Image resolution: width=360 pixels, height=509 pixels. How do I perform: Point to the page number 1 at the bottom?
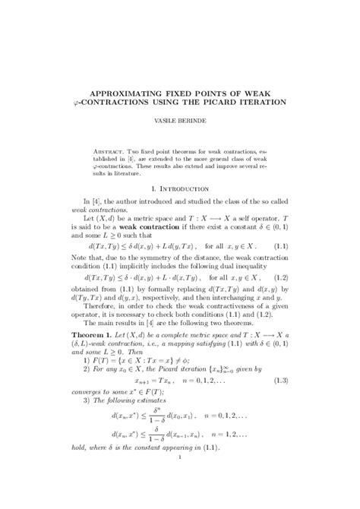click(180, 499)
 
